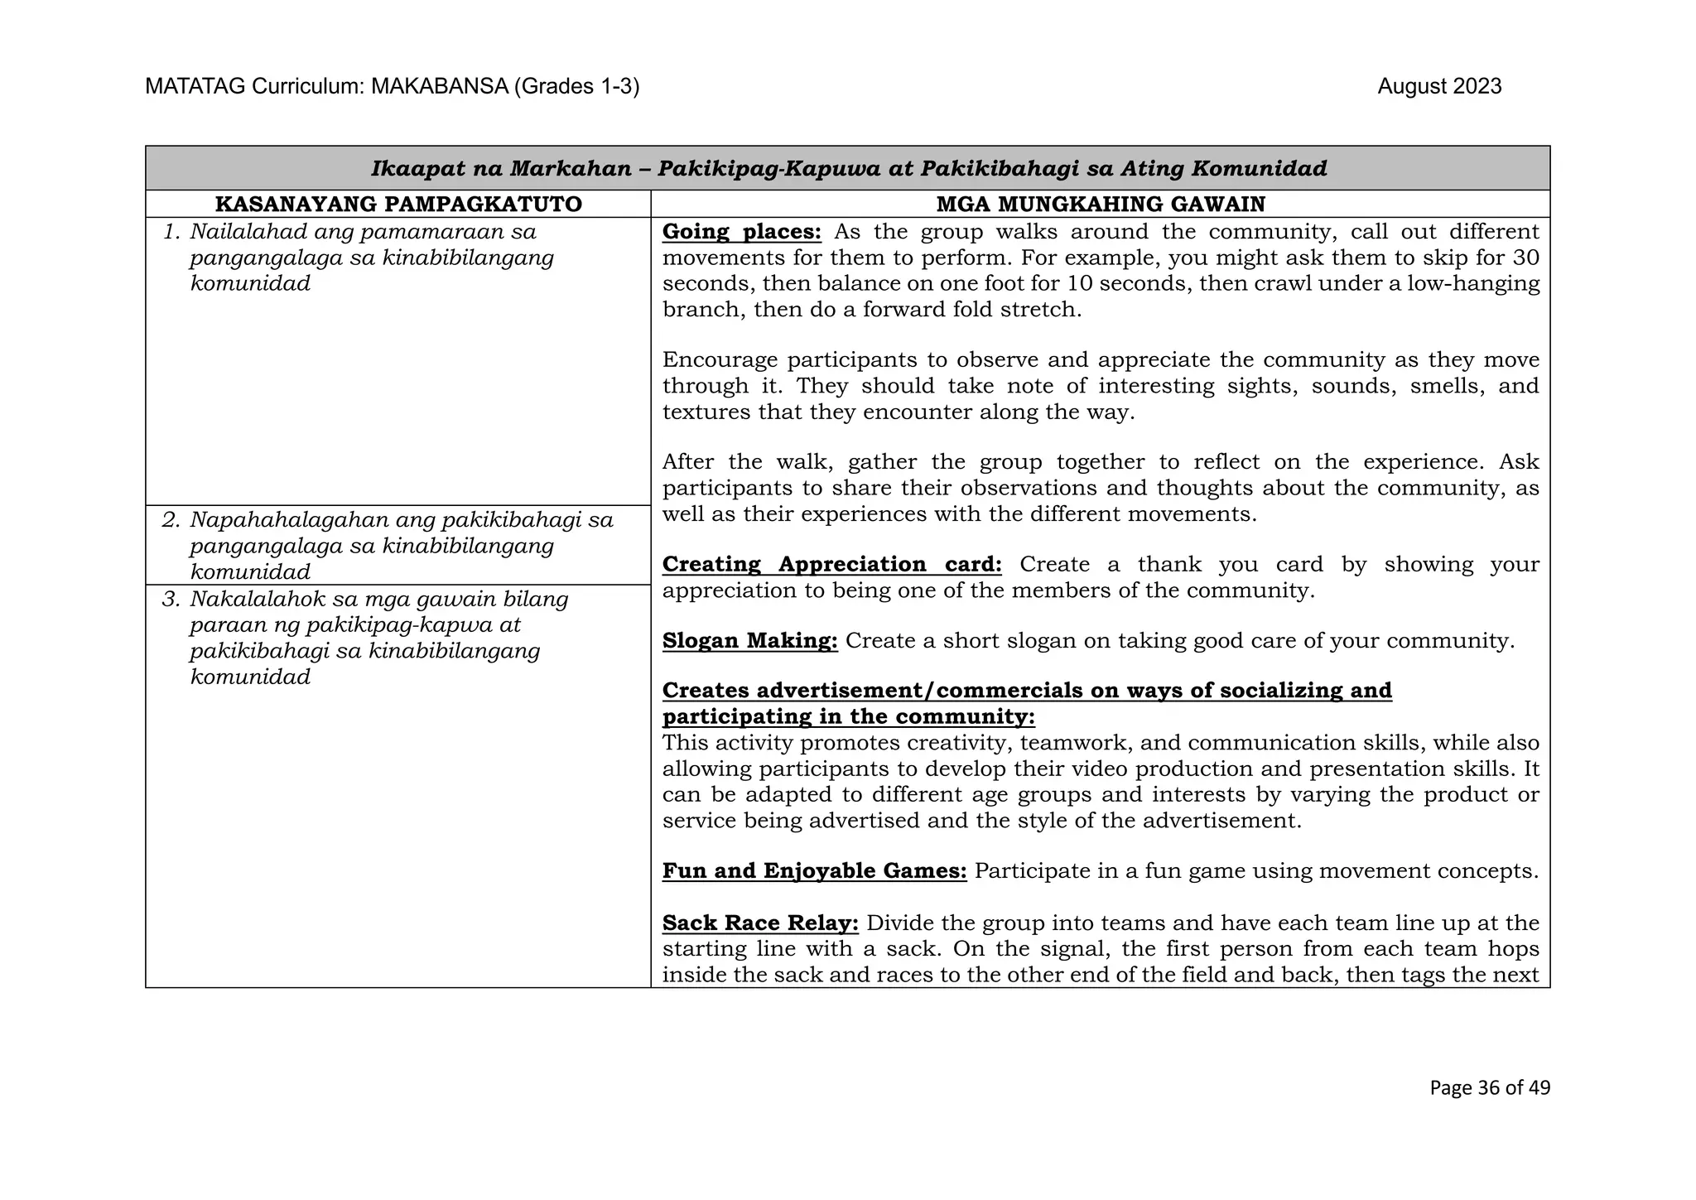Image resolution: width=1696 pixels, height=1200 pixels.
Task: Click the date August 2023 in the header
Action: [x=1438, y=87]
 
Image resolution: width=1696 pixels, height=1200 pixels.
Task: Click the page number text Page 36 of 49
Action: [x=1489, y=1087]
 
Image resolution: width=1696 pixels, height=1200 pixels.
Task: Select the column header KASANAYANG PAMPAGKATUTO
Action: [x=398, y=204]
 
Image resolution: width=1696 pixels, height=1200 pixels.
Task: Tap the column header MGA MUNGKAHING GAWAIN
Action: [x=1101, y=204]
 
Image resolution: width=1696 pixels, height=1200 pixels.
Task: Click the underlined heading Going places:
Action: [x=741, y=232]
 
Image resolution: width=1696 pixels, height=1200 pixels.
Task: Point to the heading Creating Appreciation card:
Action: [x=831, y=565]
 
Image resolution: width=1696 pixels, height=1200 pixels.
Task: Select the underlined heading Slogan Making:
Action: [x=749, y=641]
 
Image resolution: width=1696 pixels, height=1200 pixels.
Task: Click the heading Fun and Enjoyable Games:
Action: [x=814, y=871]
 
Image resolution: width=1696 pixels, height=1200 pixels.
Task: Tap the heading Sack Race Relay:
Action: [x=760, y=923]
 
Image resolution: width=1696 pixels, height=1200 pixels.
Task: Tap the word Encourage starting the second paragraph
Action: [x=720, y=360]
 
